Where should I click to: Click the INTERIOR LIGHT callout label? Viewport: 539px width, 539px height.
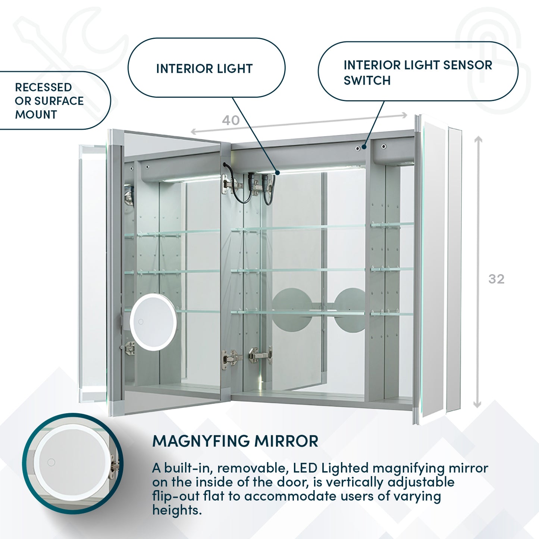tap(204, 69)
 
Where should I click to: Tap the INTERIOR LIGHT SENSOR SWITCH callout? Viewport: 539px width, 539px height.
tap(417, 72)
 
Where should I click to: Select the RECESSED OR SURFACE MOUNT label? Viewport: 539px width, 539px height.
tap(49, 101)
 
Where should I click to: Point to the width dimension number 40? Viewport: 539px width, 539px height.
tap(231, 120)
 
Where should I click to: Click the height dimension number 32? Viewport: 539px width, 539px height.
tap(496, 279)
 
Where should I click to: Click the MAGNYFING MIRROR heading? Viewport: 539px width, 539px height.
tap(235, 441)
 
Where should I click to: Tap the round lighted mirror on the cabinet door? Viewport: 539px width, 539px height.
tap(153, 322)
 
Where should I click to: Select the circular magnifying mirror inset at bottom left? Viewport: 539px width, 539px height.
tap(72, 463)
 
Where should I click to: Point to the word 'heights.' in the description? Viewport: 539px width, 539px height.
tap(177, 510)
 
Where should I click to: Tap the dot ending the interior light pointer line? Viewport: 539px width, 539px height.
tap(278, 172)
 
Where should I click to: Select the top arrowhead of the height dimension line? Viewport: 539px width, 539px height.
tap(478, 139)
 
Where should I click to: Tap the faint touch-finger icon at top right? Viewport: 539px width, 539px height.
tap(492, 60)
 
